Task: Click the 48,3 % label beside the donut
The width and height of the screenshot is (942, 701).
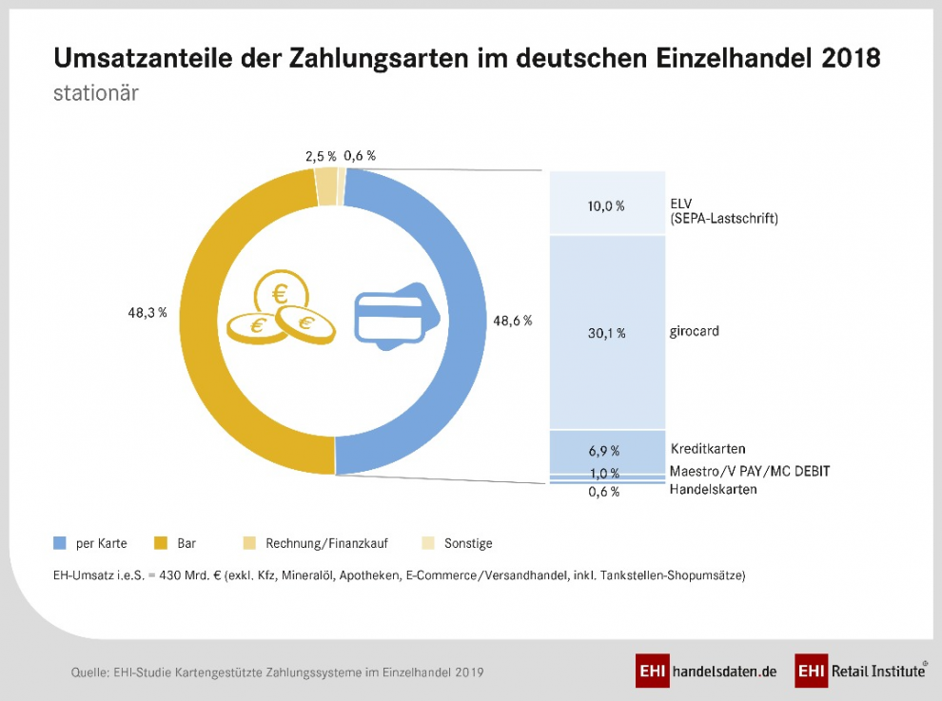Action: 147,313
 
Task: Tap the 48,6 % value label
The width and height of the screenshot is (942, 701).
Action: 512,321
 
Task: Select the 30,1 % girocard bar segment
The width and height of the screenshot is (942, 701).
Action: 607,333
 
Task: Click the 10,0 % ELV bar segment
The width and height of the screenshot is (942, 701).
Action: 607,204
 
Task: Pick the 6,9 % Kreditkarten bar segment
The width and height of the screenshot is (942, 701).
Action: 607,450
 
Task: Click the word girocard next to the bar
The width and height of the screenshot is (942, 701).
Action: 695,332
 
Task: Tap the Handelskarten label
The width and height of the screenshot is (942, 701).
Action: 714,490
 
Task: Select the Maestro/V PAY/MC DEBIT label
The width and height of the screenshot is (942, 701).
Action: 749,471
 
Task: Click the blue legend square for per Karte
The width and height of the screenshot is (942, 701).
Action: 60,543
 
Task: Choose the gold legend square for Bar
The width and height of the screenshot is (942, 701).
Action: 160,543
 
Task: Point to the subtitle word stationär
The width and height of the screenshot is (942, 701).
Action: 96,95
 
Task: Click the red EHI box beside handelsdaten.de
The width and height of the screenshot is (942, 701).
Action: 652,671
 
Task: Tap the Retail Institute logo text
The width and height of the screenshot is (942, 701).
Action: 878,671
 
